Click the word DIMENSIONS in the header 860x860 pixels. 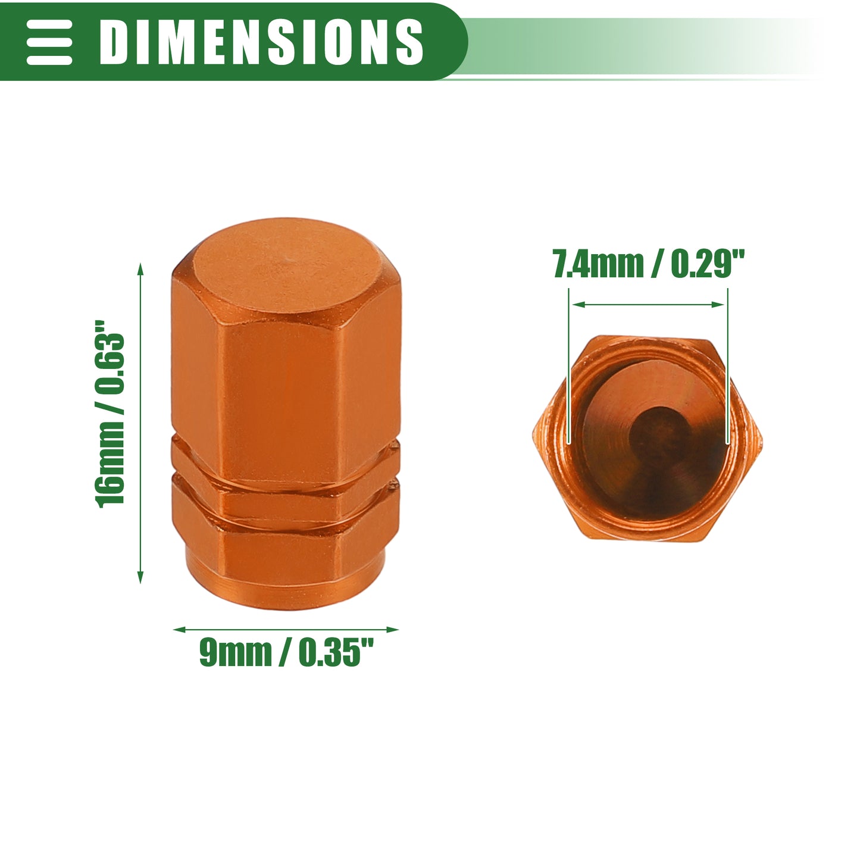(261, 42)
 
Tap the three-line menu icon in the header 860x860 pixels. (49, 42)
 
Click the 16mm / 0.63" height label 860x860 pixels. (110, 413)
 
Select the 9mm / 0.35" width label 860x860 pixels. (286, 652)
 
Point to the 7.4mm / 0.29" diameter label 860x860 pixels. (649, 263)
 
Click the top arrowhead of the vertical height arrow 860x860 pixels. (140, 269)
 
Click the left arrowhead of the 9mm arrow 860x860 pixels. (179, 630)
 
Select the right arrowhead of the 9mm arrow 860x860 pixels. (392, 630)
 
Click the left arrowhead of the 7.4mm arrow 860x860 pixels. (579, 305)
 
